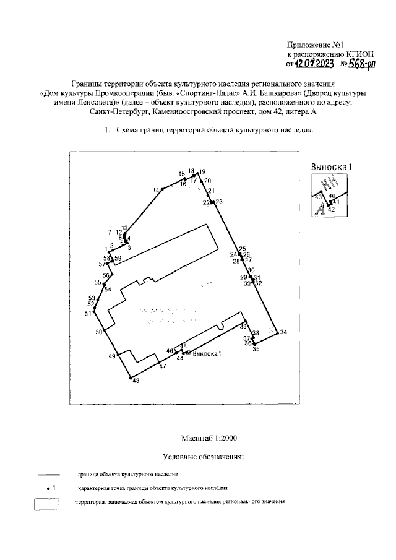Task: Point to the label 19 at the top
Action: [202, 171]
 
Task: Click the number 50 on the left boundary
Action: [98, 333]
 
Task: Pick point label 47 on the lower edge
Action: [163, 367]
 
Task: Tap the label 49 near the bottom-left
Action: [112, 356]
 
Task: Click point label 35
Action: [256, 350]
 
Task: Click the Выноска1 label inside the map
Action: [207, 353]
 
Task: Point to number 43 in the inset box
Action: [319, 196]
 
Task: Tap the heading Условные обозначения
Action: [204, 457]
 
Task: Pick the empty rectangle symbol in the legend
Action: [46, 504]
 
